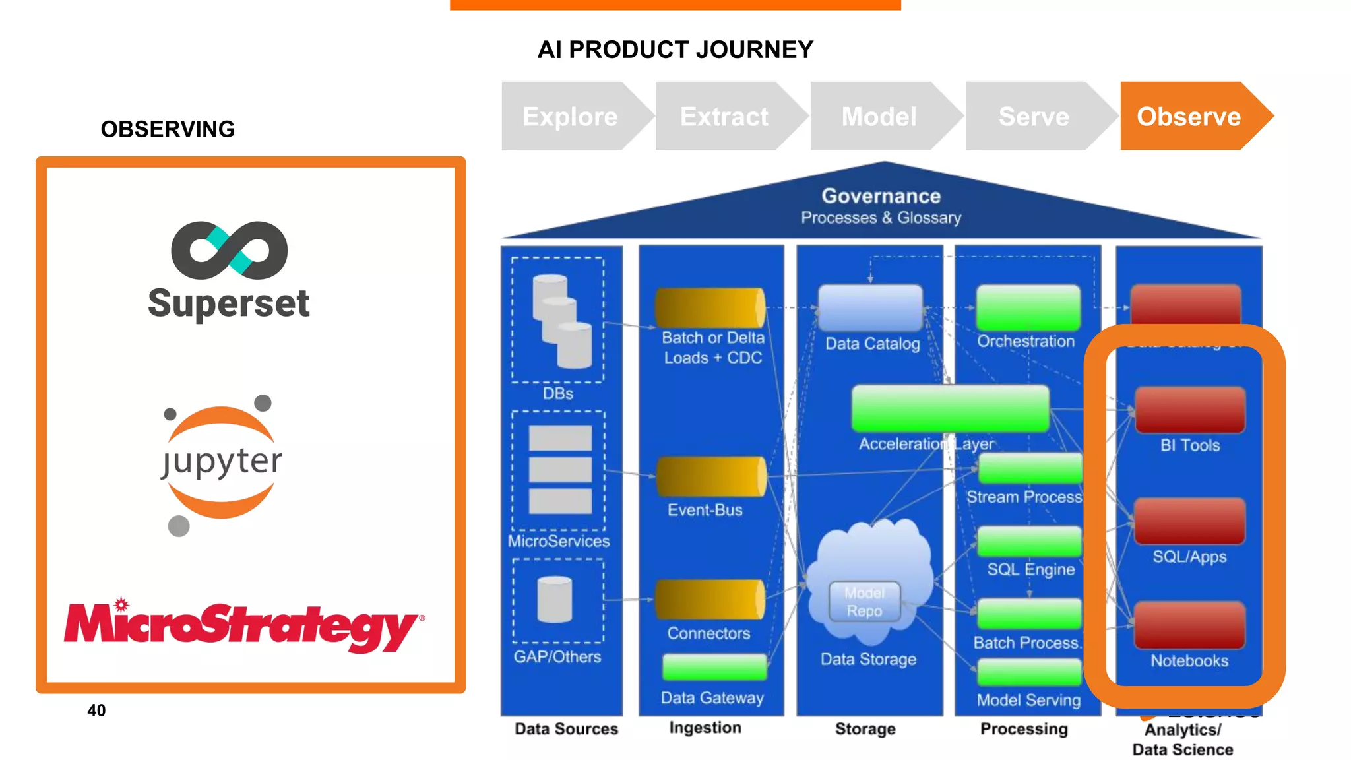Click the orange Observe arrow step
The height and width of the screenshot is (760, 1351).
point(1189,116)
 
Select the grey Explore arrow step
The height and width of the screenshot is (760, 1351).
point(570,116)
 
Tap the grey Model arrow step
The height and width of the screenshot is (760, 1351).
point(879,116)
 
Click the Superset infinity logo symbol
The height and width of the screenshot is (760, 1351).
point(229,250)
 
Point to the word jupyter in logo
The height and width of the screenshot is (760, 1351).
point(222,461)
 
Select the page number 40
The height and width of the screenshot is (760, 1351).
point(96,711)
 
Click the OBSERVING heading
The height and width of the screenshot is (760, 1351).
point(168,129)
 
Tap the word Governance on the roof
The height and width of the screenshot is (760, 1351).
point(881,196)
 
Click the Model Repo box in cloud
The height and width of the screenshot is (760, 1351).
point(864,602)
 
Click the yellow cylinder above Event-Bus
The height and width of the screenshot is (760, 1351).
point(710,476)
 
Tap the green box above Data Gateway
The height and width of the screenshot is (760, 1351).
point(714,667)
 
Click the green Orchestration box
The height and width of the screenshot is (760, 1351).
point(1028,307)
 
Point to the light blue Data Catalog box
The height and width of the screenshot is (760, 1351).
point(870,307)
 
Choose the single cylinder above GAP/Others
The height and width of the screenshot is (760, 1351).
point(555,599)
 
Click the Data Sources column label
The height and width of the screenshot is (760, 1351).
point(566,729)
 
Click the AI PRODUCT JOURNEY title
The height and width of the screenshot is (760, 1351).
point(675,49)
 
